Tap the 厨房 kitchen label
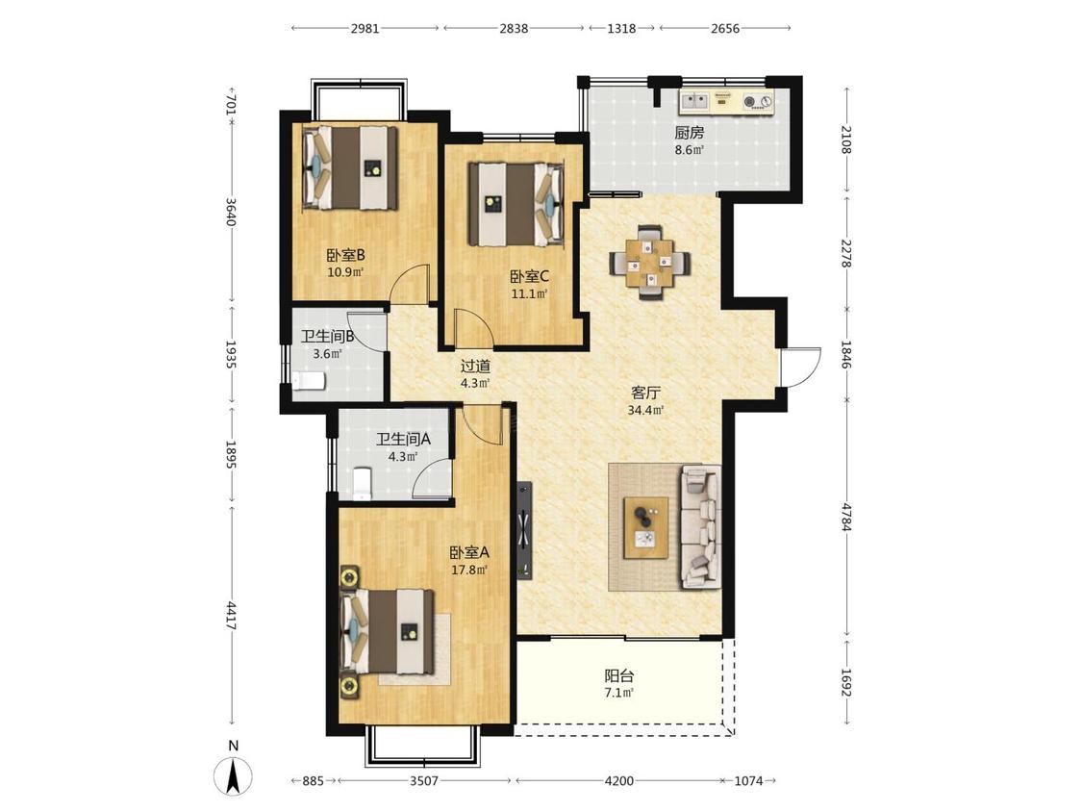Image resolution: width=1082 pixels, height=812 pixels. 690,134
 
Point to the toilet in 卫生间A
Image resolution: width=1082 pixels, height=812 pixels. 363,483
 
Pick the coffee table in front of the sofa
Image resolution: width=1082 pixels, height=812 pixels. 646,527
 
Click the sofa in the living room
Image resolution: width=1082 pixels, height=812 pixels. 701,527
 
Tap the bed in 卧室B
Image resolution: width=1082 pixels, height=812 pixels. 350,167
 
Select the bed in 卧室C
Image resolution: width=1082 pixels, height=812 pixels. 516,204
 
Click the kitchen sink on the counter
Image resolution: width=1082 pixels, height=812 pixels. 694,102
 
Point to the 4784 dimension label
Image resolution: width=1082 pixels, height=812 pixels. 847,518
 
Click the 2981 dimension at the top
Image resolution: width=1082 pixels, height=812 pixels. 365,28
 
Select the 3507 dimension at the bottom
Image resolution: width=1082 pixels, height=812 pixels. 424,781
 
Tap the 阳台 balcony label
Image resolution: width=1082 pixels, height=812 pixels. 619,676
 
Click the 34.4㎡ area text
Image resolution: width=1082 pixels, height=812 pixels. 646,410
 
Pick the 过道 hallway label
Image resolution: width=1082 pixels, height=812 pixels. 475,367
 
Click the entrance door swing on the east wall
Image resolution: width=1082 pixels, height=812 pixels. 800,368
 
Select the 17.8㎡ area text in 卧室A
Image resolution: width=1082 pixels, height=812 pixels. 469,571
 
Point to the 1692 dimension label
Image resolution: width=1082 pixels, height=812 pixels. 847,681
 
